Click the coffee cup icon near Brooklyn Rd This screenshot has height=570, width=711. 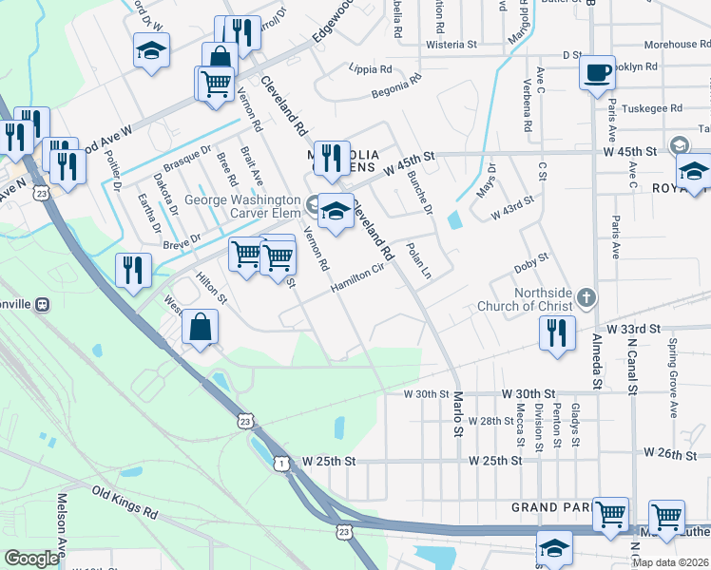tap(597, 72)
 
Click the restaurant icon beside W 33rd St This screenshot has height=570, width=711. tap(555, 332)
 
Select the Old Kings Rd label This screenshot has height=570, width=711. tap(125, 502)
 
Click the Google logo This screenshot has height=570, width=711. tap(31, 558)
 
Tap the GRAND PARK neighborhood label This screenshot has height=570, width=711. tap(549, 507)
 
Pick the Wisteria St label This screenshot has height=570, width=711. tap(451, 45)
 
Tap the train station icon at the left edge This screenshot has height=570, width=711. tap(41, 304)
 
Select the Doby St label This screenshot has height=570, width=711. tap(531, 259)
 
